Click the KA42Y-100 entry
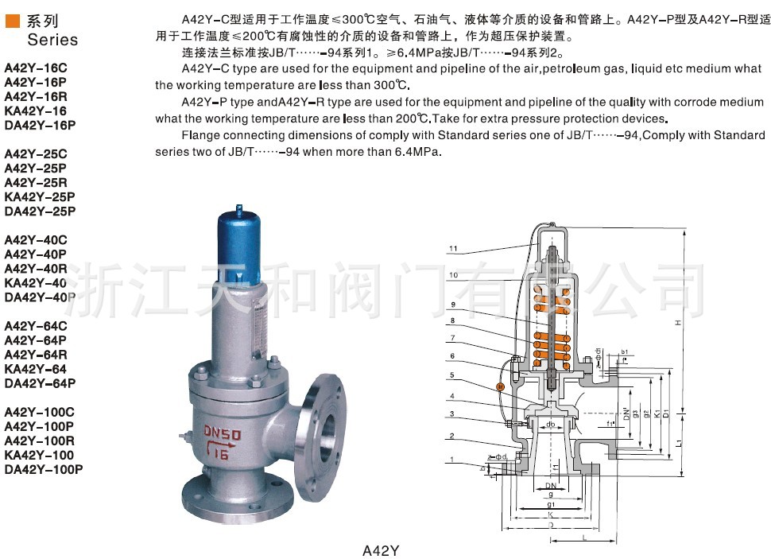40,455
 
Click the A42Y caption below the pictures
381,549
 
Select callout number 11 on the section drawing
453,249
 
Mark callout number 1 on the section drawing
451,460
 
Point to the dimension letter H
678,323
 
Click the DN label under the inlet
549,486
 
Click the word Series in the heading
52,39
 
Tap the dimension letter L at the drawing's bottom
585,539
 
